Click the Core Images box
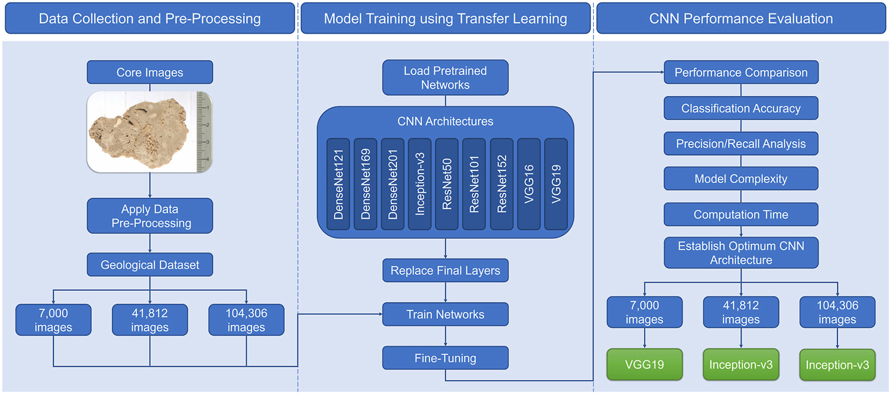point(149,72)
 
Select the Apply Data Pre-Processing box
point(149,216)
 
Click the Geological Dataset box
point(149,265)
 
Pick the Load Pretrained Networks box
point(445,77)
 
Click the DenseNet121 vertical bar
point(338,184)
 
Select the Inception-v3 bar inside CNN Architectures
point(419,184)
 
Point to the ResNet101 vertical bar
point(474,184)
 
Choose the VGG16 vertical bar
point(528,184)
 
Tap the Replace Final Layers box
point(445,270)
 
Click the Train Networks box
point(445,314)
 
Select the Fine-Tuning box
point(445,358)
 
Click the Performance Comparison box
point(741,72)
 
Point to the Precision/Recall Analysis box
point(741,144)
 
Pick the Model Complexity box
point(741,179)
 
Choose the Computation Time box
point(741,214)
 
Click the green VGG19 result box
point(644,365)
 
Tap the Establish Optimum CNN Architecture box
point(741,253)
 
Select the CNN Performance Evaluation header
point(741,18)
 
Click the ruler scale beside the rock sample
point(204,132)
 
